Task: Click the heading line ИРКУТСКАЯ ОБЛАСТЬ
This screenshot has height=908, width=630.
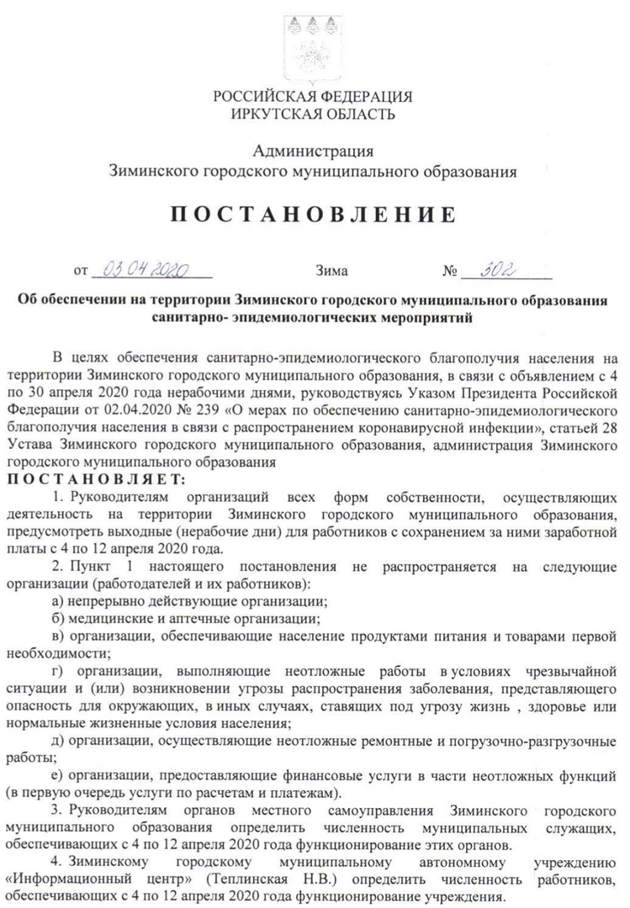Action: [313, 113]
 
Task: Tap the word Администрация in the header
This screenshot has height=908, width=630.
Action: [313, 151]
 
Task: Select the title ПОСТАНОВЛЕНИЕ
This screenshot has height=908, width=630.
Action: [313, 214]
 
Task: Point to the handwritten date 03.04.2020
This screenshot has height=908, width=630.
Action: [151, 270]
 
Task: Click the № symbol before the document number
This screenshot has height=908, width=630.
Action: [450, 272]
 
